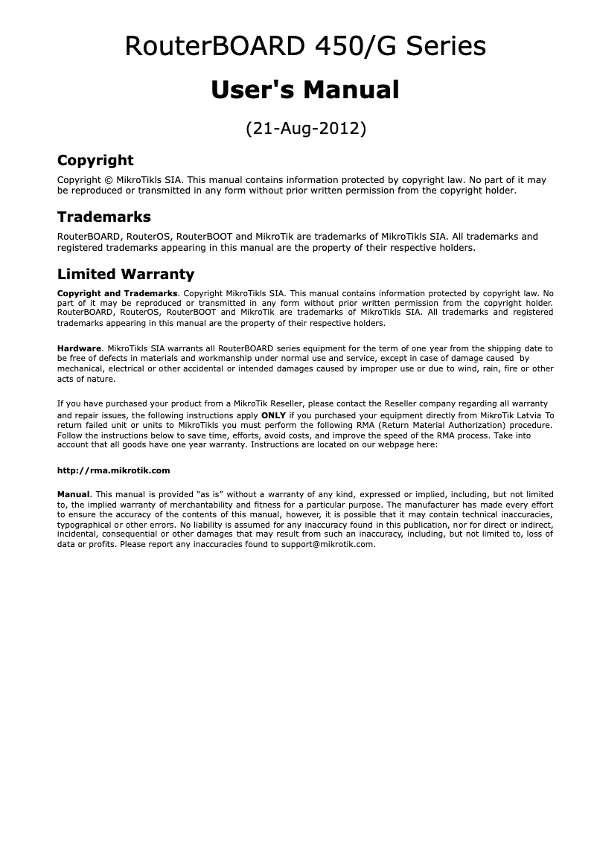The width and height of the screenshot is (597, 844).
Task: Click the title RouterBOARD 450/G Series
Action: pos(305,47)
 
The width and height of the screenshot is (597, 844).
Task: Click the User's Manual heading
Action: pos(305,90)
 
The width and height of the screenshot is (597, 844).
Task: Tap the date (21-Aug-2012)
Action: pos(305,129)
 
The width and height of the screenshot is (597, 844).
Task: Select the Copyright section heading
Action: pos(95,160)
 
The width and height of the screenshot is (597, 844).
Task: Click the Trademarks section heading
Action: pos(104,217)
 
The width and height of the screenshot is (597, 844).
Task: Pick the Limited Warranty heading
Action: pos(126,274)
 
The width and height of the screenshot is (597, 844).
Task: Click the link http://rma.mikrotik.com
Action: pos(114,470)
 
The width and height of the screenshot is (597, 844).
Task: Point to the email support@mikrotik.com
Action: pos(328,544)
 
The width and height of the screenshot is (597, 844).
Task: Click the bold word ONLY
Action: pos(274,415)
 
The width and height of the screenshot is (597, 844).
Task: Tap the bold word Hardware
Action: pos(79,348)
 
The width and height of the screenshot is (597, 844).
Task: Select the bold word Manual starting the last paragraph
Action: pos(74,494)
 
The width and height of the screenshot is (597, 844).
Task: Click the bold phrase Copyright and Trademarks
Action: pos(118,293)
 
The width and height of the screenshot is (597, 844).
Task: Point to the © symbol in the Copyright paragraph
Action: pos(108,180)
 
